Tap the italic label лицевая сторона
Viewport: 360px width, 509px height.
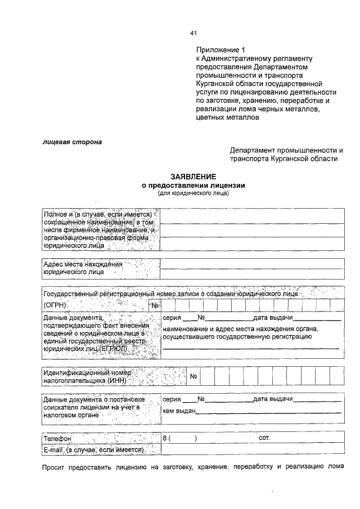pyautogui.click(x=72, y=142)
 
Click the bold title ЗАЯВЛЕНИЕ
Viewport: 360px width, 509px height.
pyautogui.click(x=193, y=176)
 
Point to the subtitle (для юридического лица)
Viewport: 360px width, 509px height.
pyautogui.click(x=193, y=193)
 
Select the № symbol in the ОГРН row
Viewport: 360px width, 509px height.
pyautogui.click(x=156, y=305)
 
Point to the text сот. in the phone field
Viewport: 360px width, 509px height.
pyautogui.click(x=264, y=437)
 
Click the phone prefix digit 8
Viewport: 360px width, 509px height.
pyautogui.click(x=165, y=437)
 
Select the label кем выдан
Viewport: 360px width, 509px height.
pyautogui.click(x=178, y=411)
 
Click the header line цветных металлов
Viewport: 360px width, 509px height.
pyautogui.click(x=228, y=118)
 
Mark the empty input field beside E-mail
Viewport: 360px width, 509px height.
pyautogui.click(x=252, y=451)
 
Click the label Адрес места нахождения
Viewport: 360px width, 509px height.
pyautogui.click(x=83, y=264)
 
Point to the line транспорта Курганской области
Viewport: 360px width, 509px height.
pyautogui.click(x=283, y=159)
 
